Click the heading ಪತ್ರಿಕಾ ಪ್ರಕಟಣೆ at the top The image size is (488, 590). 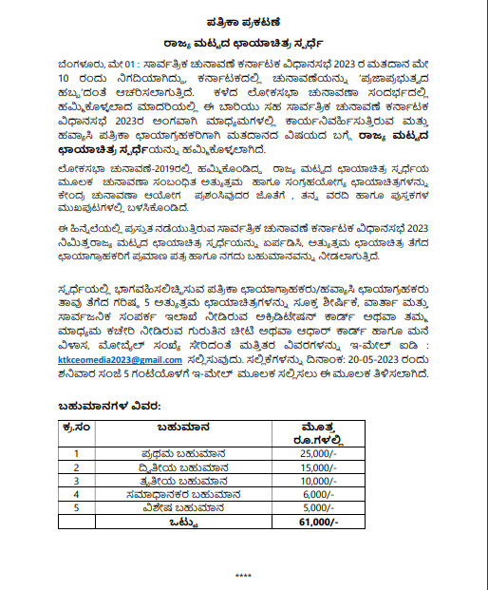click(x=243, y=19)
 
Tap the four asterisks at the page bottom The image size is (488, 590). click(x=243, y=576)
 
